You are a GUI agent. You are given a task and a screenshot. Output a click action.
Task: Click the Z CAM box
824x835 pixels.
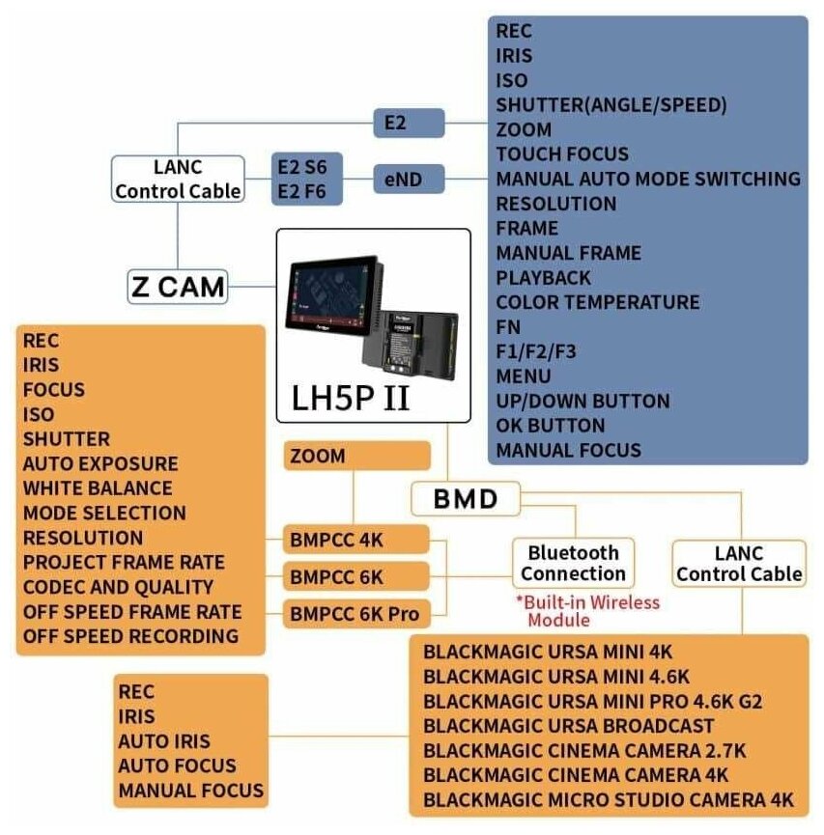(x=178, y=285)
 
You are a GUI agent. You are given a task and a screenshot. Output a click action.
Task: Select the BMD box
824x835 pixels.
(x=466, y=498)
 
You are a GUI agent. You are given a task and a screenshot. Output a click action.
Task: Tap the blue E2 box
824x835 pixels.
(x=409, y=123)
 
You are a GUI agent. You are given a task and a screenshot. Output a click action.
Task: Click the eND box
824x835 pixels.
(x=409, y=179)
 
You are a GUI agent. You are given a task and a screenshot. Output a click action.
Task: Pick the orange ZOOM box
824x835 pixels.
(x=356, y=456)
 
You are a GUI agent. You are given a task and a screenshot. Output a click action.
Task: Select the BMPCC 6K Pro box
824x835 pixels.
(x=356, y=612)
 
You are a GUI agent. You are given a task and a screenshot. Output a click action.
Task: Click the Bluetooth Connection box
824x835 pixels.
(x=574, y=563)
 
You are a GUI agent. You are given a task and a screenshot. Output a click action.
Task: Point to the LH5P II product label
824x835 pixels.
(x=351, y=397)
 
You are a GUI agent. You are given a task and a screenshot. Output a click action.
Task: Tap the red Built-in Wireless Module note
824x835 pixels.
(x=587, y=610)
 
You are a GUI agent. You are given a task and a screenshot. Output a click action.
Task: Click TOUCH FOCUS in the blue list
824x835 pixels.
(x=562, y=153)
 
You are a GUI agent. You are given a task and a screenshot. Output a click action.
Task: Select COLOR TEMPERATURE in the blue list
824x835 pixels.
(x=597, y=302)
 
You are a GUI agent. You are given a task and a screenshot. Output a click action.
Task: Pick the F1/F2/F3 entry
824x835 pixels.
(x=536, y=351)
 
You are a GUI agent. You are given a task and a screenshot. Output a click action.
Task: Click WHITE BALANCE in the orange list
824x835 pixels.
(x=98, y=488)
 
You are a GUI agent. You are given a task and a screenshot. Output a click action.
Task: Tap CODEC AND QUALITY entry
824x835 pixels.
(x=119, y=587)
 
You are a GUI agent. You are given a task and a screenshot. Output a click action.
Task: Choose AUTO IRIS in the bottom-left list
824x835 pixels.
(x=163, y=741)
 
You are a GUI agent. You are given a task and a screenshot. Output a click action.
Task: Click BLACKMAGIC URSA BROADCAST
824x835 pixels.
(x=568, y=726)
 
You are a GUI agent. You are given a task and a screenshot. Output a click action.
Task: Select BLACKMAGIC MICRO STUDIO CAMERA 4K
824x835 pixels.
(x=608, y=800)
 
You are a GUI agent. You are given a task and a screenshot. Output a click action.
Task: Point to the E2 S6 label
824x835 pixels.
(x=301, y=167)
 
